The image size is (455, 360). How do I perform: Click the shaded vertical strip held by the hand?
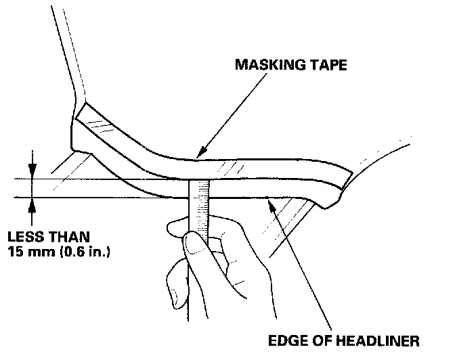point(200,210)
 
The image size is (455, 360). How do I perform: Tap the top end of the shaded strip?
point(200,183)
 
